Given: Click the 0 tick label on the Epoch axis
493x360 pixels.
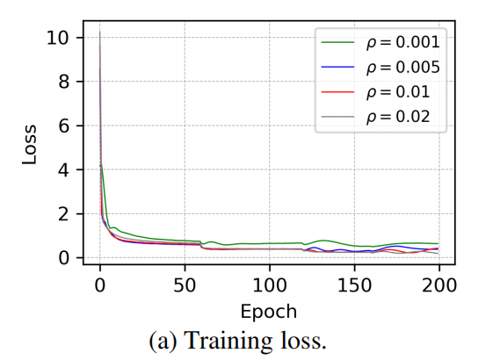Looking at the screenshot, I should pos(100,285).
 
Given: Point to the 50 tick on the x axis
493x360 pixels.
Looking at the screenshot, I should pos(185,285).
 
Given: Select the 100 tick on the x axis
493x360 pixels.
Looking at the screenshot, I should pos(270,285).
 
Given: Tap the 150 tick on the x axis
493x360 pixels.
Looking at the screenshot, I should pos(354,285).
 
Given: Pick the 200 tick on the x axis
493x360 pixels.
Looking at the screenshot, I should pos(439,285).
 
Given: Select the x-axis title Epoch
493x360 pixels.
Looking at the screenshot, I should pos(269,312).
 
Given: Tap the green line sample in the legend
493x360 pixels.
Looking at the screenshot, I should pos(340,41).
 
